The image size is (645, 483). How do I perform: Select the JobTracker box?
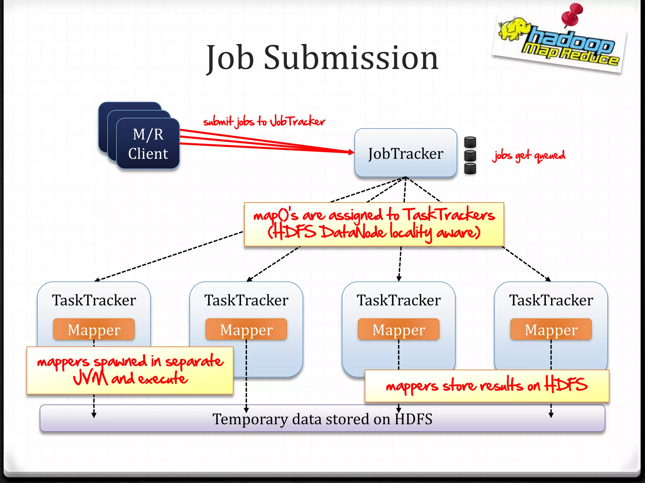405,153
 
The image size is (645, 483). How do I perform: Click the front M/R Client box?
148,144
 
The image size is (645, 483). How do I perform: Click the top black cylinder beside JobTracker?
470,142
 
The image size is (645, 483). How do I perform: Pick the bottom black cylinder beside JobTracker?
470,168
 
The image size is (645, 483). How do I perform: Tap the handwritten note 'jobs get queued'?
528,156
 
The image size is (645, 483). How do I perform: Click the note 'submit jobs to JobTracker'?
264,121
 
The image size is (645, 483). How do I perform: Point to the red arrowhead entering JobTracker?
351,152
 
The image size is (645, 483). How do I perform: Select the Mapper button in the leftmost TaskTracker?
94,330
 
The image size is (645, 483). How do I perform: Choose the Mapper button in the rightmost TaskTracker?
551,330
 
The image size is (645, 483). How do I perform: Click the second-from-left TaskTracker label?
246,300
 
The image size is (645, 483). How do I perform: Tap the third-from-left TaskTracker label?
399,300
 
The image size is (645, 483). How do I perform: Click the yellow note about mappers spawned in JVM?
130,370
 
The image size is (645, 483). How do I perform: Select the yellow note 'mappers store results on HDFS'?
487,386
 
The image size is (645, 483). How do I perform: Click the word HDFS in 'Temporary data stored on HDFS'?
414,419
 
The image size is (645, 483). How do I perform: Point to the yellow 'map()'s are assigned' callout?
374,224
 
